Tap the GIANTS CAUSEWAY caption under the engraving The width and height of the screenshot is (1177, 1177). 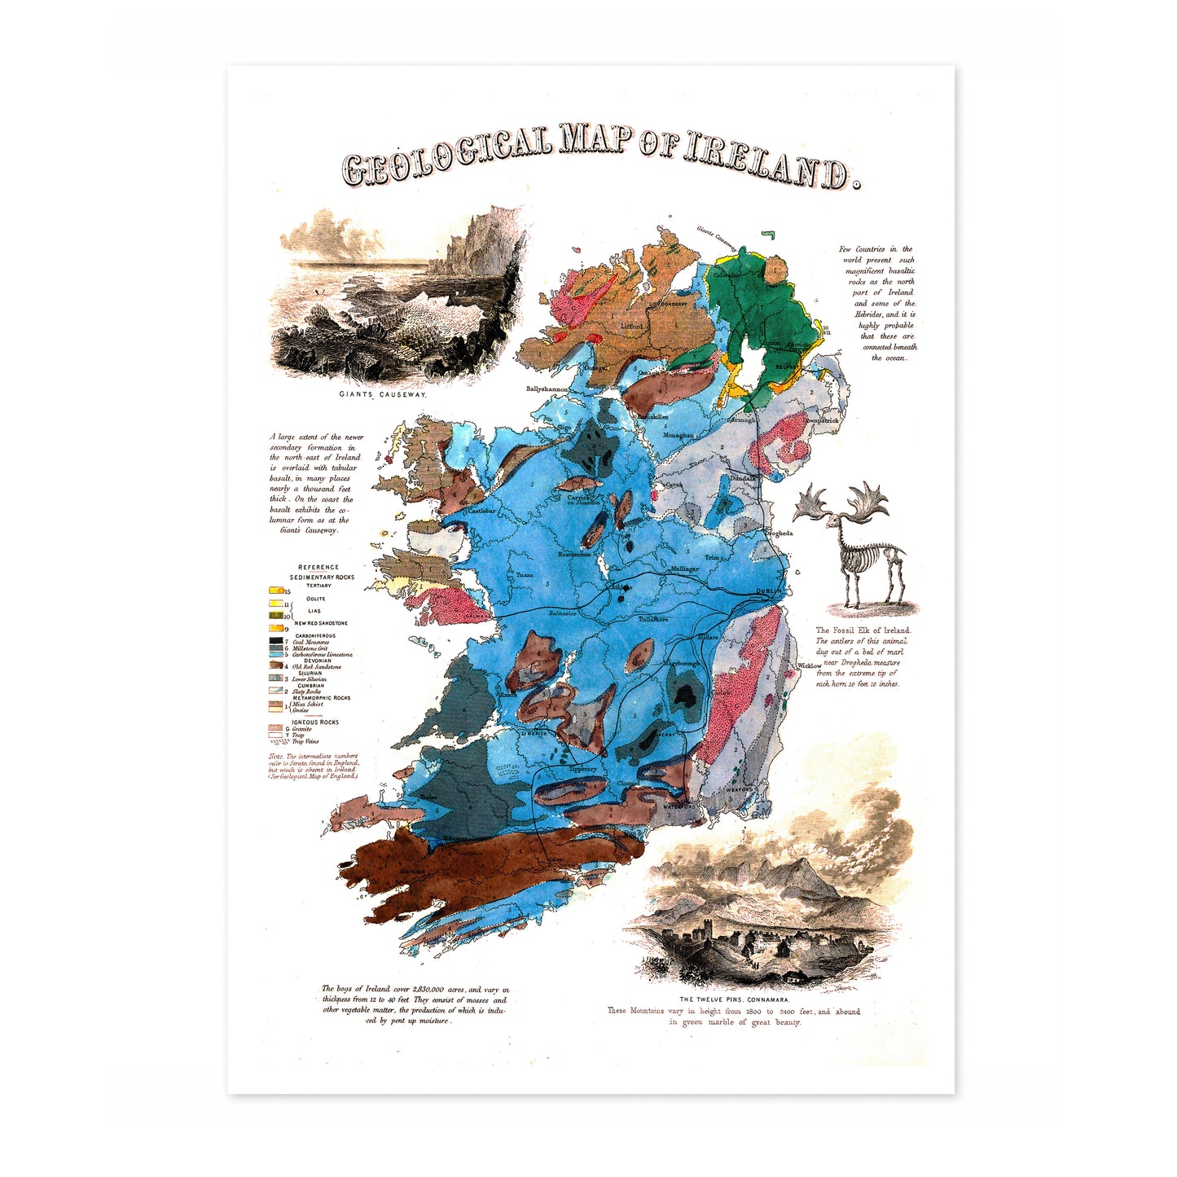point(383,394)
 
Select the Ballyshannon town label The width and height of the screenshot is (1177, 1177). point(547,389)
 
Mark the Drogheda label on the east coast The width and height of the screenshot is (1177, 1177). point(778,534)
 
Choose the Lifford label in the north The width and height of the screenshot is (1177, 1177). point(632,327)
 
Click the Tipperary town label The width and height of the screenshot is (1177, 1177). point(583,769)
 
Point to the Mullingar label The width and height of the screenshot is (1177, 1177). point(684,569)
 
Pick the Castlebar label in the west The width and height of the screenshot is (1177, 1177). point(481,511)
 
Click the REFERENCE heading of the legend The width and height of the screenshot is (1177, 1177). point(318,567)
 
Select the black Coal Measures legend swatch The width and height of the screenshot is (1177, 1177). point(276,641)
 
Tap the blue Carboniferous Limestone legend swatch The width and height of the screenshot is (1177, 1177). point(276,654)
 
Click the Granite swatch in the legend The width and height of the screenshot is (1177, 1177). point(275,728)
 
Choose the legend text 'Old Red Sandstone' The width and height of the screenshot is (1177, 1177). point(317,666)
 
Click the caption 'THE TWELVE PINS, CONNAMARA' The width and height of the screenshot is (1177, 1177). point(735,999)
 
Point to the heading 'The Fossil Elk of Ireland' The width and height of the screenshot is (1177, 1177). point(863,630)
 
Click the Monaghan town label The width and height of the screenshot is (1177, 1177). point(678,436)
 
